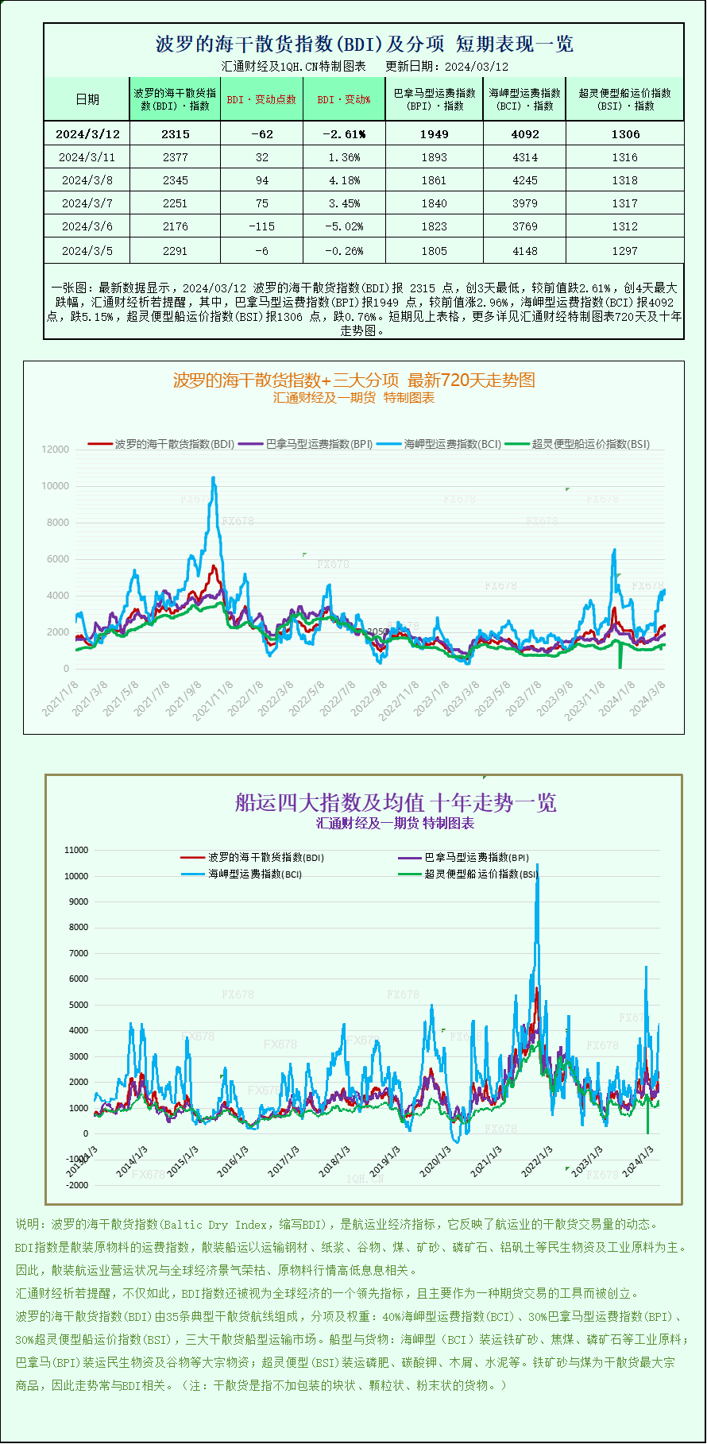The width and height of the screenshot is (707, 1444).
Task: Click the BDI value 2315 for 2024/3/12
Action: click(x=176, y=134)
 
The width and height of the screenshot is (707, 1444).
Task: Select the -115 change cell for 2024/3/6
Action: click(x=261, y=226)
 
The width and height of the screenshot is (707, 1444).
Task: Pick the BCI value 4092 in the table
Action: click(x=525, y=134)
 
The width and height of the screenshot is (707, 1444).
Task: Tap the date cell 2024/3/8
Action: click(x=87, y=180)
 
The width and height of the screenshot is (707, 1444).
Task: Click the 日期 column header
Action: click(x=87, y=99)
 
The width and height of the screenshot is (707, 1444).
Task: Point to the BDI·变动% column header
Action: click(x=344, y=99)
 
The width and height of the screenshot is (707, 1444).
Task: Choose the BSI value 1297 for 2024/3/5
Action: click(x=624, y=250)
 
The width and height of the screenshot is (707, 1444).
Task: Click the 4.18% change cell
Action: click(x=344, y=180)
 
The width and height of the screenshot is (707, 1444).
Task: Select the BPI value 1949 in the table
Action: click(x=434, y=134)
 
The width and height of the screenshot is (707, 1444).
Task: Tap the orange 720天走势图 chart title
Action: click(x=353, y=380)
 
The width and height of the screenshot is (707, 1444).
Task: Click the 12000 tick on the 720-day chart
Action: click(x=56, y=450)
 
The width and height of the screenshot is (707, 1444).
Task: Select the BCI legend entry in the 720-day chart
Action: click(x=440, y=444)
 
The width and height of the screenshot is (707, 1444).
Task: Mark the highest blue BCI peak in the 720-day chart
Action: click(x=213, y=477)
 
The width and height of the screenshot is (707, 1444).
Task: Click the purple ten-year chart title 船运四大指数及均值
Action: click(x=395, y=802)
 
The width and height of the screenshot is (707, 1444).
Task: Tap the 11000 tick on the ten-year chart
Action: click(x=76, y=850)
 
